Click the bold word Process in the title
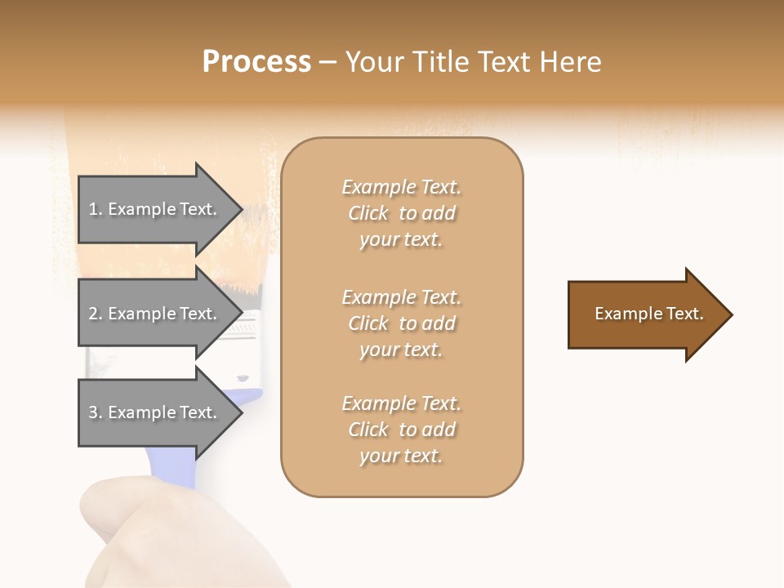point(256,62)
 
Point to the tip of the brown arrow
point(730,314)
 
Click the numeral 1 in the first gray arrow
point(93,209)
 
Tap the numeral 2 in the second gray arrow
point(93,314)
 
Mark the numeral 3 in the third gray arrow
point(93,412)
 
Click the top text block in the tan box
point(402,213)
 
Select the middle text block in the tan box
point(402,323)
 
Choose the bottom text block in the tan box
point(402,430)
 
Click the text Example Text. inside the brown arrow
point(649,314)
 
